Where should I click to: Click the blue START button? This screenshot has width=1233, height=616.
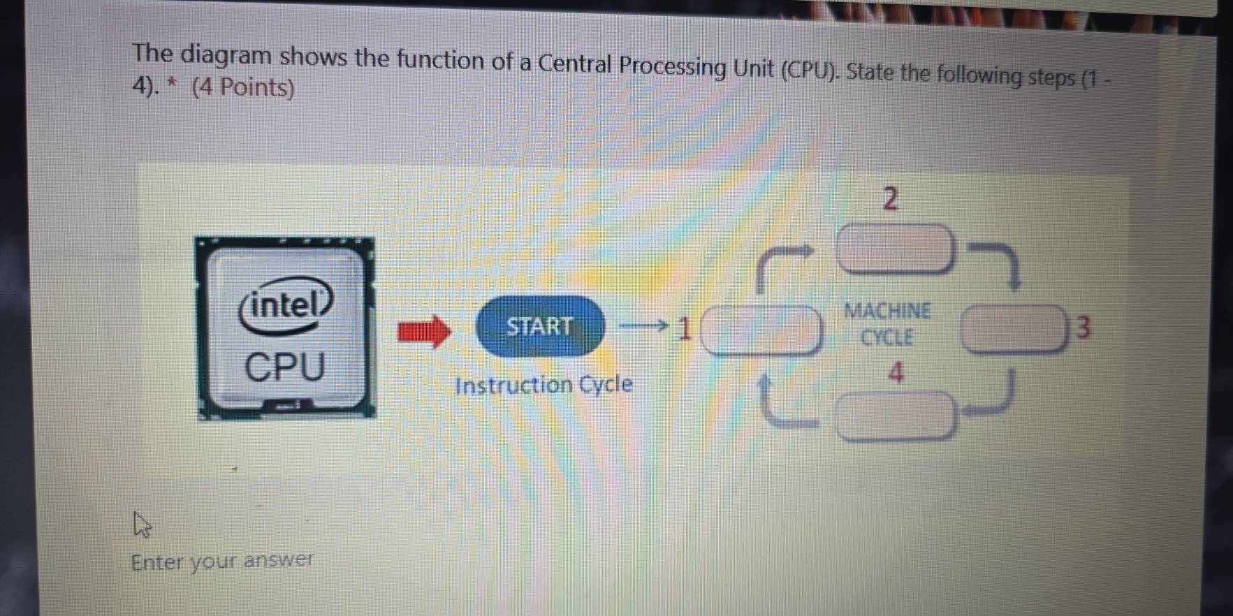540,326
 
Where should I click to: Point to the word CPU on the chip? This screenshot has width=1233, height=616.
285,367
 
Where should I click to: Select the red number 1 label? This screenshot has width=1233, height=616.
685,328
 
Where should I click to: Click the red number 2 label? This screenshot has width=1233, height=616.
889,199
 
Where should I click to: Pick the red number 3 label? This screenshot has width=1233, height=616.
1082,327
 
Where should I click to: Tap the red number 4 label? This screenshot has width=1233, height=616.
896,373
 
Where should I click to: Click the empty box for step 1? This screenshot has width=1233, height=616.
761,330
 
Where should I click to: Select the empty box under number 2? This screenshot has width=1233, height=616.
895,248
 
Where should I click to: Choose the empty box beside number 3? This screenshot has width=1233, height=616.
1014,329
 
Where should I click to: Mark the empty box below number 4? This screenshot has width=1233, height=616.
895,416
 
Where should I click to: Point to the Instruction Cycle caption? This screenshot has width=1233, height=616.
543,385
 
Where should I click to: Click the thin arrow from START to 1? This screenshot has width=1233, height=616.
643,325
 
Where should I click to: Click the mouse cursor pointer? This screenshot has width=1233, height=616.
141,524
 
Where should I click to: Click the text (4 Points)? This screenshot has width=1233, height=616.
243,88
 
